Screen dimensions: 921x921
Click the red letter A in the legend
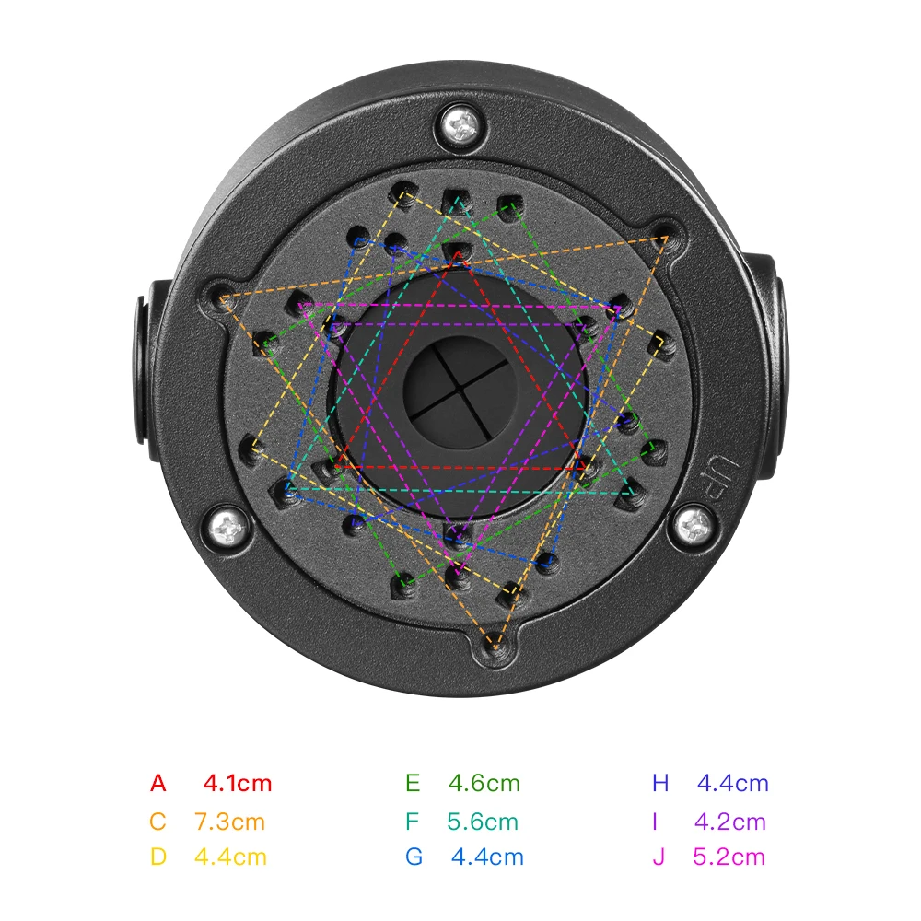coord(158,783)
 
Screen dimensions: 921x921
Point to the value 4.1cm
coord(238,783)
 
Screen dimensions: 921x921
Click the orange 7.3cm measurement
coord(229,822)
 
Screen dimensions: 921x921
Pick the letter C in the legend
coord(157,822)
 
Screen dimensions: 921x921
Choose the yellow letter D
coord(158,857)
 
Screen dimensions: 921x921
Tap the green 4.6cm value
coord(484,783)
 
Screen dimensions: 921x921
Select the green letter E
coord(413,783)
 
